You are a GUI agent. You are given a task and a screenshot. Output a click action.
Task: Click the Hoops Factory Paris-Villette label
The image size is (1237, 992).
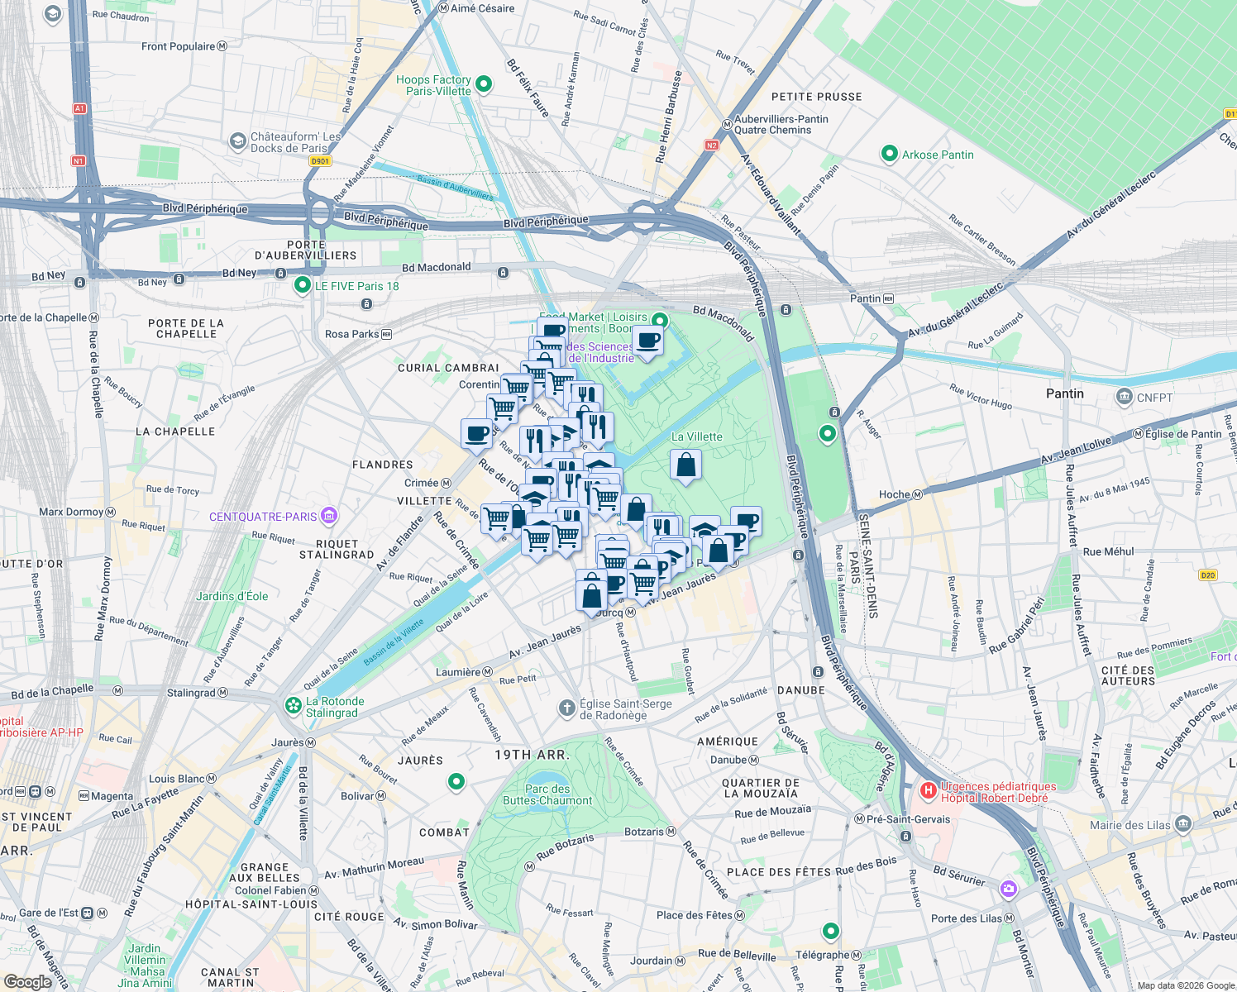click(x=433, y=85)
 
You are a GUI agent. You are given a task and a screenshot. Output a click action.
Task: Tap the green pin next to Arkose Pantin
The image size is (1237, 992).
click(x=889, y=154)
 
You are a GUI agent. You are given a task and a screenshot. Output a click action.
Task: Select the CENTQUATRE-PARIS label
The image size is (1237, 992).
click(x=263, y=517)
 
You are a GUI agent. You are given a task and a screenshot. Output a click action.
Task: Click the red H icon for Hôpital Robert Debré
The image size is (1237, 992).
click(x=928, y=791)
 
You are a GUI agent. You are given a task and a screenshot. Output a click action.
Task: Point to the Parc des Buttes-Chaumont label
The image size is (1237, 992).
click(x=547, y=794)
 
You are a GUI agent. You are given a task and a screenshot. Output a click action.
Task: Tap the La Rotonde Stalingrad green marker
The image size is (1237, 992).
click(x=293, y=706)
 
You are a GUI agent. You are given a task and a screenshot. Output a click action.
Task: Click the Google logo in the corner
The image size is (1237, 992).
click(x=27, y=981)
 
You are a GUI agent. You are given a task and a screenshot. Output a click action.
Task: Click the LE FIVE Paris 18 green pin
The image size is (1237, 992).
click(x=303, y=286)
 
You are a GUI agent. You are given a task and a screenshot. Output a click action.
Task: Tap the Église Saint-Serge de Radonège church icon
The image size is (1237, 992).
click(x=566, y=708)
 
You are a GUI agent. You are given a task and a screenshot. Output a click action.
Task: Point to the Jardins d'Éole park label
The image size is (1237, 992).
click(x=232, y=596)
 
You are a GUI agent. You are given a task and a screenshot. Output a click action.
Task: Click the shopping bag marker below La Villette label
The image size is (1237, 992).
click(x=685, y=466)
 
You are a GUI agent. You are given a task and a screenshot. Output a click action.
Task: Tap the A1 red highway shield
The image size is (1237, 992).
click(x=79, y=108)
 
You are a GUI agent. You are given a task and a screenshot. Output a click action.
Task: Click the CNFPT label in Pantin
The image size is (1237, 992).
click(x=1154, y=398)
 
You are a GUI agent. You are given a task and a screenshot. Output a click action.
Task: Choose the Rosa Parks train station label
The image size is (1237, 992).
click(x=352, y=334)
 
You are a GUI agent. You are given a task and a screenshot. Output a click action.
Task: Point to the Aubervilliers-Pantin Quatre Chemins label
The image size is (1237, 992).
click(x=781, y=125)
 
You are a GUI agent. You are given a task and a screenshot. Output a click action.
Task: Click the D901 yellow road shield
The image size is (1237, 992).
click(x=320, y=161)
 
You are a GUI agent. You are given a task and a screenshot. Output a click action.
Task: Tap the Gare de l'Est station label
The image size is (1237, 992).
click(x=49, y=913)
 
